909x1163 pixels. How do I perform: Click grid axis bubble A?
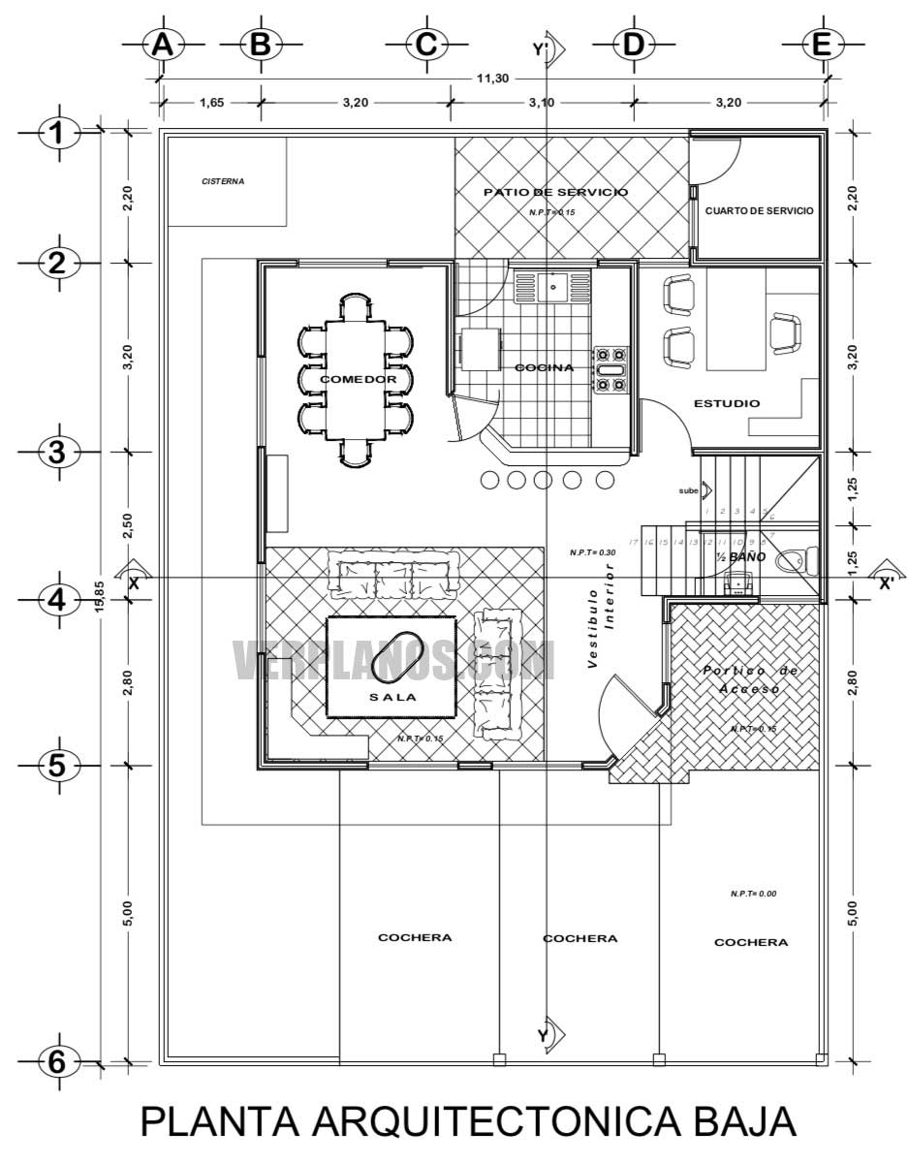[163, 45]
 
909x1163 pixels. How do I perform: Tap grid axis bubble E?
[821, 45]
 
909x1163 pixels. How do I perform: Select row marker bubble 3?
[57, 453]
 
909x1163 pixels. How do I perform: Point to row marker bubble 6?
[57, 1062]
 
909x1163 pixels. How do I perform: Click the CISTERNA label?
[223, 181]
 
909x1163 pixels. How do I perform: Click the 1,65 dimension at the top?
[211, 102]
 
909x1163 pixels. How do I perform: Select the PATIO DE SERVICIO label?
[555, 192]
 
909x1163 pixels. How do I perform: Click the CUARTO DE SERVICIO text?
[759, 210]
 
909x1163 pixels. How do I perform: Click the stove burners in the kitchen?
[611, 369]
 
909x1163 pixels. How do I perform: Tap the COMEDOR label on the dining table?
[358, 380]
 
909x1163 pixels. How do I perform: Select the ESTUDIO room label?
[727, 403]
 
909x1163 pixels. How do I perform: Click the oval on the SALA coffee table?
[391, 660]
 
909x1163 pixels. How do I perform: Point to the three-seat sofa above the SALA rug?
[392, 574]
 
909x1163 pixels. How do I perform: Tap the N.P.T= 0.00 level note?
[754, 894]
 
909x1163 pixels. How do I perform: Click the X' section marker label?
[885, 583]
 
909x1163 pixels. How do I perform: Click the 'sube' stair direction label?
[688, 491]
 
